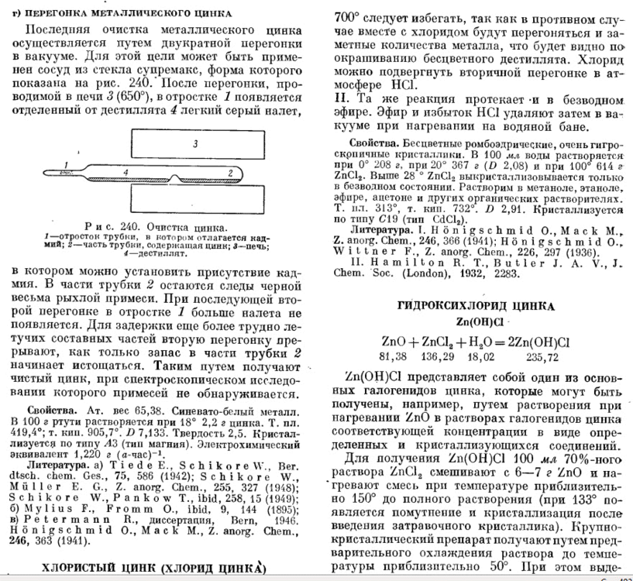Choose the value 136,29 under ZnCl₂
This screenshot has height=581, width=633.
439,356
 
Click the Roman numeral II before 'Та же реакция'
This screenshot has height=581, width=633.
339,101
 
